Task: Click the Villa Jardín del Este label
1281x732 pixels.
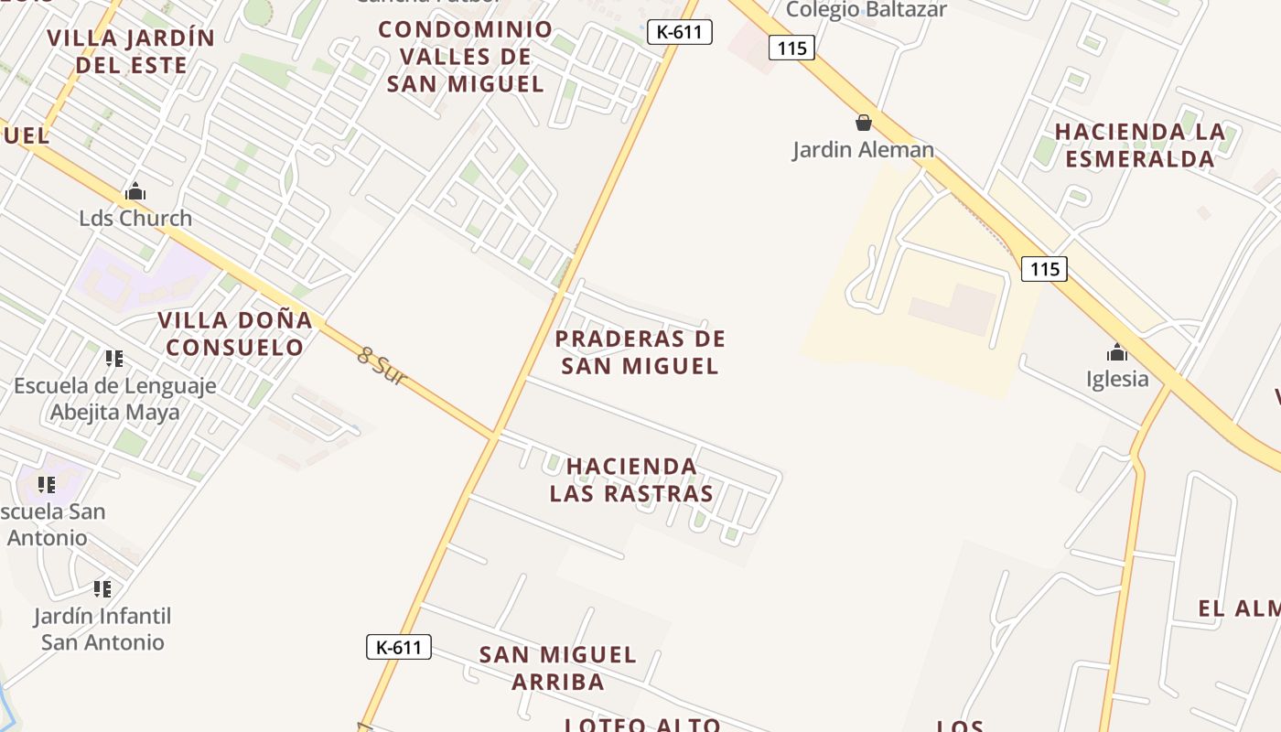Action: [x=131, y=51]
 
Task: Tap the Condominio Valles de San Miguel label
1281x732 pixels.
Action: [x=466, y=57]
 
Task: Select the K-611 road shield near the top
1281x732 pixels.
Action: [x=680, y=32]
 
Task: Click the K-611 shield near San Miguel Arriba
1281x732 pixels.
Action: [x=399, y=647]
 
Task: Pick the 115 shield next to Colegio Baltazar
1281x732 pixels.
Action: [x=791, y=48]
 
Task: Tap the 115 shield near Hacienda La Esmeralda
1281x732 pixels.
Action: [x=1044, y=269]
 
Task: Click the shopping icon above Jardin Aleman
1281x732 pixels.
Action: [x=863, y=123]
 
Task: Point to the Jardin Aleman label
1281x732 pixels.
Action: [x=863, y=150]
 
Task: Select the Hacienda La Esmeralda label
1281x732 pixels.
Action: [x=1139, y=145]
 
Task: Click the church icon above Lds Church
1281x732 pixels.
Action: [x=135, y=192]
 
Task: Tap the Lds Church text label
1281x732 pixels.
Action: [x=135, y=218]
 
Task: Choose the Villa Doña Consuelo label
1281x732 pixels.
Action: [x=235, y=334]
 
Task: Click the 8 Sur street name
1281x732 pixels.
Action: [x=381, y=366]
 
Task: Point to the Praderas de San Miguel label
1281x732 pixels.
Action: [x=640, y=352]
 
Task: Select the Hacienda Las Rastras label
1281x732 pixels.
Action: [x=631, y=480]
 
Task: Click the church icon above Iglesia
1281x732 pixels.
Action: [x=1116, y=352]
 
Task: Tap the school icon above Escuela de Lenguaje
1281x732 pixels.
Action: [x=114, y=358]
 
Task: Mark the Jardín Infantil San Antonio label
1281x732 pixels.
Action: [x=102, y=629]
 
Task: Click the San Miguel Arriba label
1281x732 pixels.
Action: [x=557, y=668]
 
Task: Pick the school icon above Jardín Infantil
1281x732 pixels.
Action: [x=102, y=588]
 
